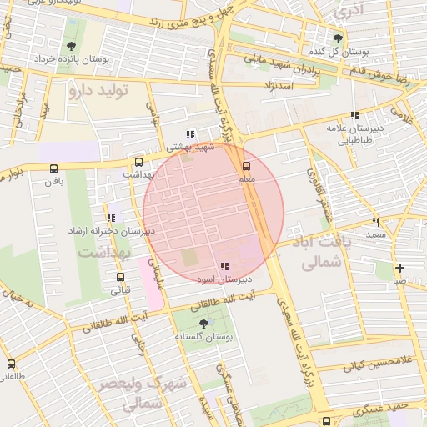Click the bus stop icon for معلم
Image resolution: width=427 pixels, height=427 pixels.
[244, 166]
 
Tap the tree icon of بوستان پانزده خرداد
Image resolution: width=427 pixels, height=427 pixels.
[69, 46]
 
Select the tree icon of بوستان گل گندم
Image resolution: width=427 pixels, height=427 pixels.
[338, 38]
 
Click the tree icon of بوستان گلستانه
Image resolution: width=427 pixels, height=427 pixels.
[203, 323]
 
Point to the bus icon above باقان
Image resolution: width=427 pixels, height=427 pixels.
[54, 168]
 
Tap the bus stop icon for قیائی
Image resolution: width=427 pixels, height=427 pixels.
[121, 278]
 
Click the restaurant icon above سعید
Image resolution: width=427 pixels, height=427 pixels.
[376, 223]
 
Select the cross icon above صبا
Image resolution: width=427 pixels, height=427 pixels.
[400, 268]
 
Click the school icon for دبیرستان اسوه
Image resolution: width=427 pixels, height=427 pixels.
[224, 266]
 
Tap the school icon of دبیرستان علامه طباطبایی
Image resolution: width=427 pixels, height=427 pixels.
[354, 116]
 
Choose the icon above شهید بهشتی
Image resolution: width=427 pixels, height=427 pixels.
[190, 133]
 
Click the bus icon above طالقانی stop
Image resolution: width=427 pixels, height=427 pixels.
[11, 364]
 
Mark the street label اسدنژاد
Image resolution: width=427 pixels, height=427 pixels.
[279, 85]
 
